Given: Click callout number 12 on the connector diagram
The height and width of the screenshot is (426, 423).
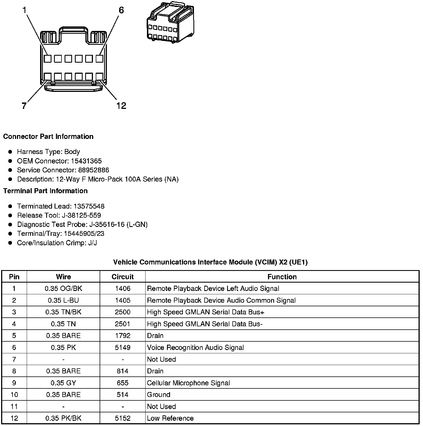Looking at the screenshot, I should pos(121,106).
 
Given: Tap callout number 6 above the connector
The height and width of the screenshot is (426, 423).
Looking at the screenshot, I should pos(121,10).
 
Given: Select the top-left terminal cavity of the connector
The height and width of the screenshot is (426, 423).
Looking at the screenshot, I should pos(48,59).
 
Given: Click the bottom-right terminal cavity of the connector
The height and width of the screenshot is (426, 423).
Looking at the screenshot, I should pos(99,77).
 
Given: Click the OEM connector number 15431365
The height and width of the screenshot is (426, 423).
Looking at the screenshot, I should pos(86,161).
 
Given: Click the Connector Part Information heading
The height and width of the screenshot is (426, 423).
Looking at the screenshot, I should pos(48,136).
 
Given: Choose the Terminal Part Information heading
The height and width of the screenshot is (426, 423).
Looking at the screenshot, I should pos(45,191).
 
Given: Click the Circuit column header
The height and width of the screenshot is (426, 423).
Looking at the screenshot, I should pos(122,277).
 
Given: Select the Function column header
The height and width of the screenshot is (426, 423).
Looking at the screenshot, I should pos(282,277).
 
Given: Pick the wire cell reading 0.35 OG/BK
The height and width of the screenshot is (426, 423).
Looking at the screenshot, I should pos(63,288).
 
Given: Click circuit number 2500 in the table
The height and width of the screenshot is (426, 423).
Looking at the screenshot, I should pos(122,312).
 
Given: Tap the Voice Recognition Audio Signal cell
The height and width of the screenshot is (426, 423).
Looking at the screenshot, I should pos(195,347).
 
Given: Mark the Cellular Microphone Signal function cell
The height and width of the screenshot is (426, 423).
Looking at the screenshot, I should pos(188,383).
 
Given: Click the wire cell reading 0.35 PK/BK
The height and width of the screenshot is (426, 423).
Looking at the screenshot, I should pos(63,418).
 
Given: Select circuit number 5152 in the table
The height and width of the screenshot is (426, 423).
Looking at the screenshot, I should pos(122,418).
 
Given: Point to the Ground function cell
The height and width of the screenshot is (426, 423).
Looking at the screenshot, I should pos(159,395).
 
